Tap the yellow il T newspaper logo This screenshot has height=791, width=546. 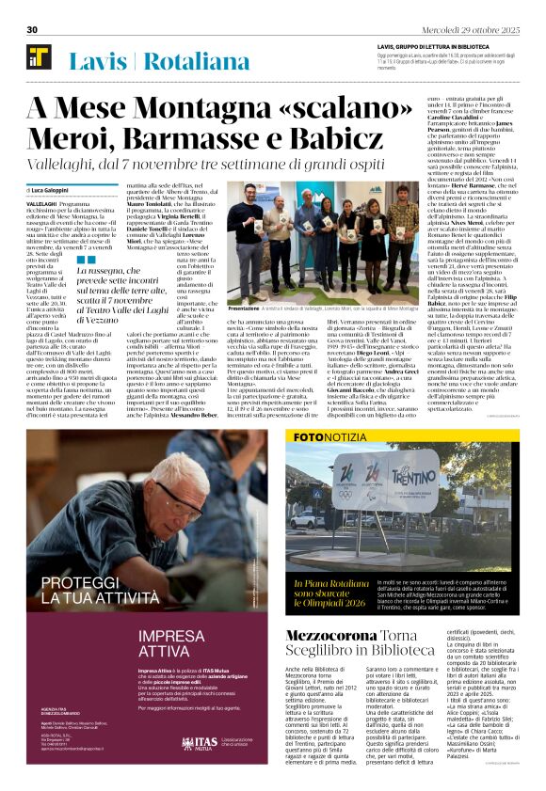[x=39, y=58]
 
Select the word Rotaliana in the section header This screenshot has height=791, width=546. [x=198, y=62]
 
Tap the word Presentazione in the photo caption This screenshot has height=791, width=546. [x=243, y=308]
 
